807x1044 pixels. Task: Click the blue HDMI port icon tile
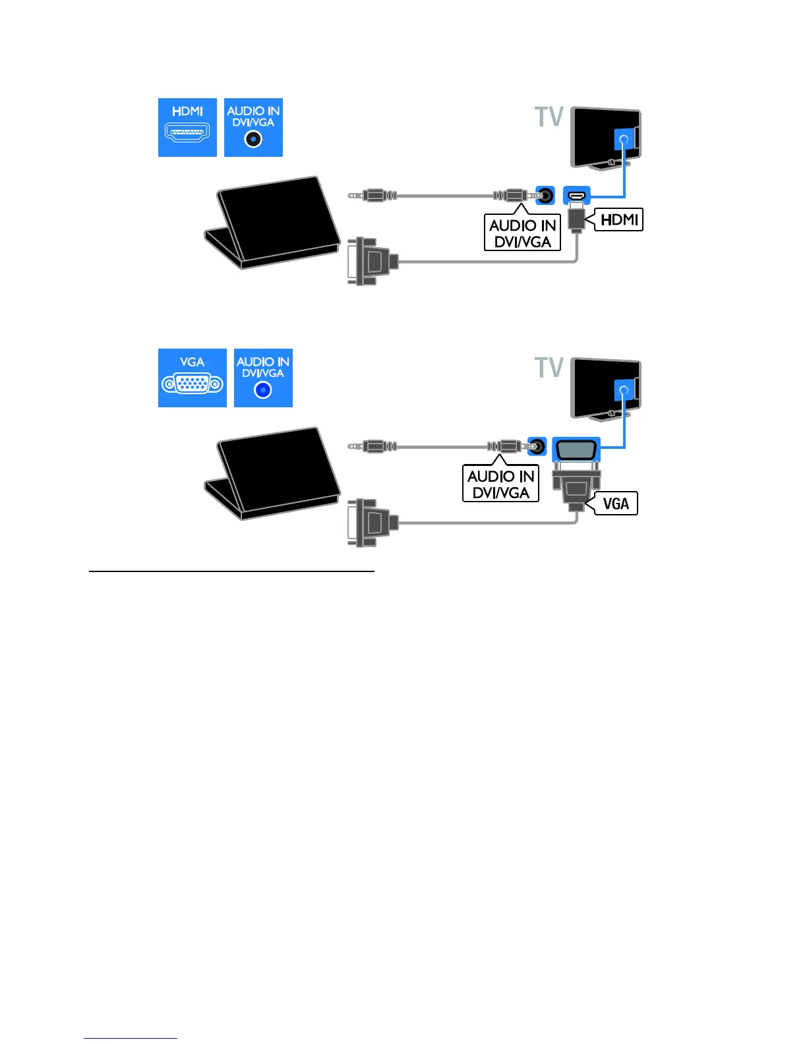click(x=187, y=127)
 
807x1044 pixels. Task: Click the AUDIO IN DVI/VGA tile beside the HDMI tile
click(x=253, y=127)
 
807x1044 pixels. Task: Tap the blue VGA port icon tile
click(x=192, y=378)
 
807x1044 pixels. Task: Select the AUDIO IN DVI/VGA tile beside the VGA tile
click(x=263, y=378)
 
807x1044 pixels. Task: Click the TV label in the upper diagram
click(x=549, y=117)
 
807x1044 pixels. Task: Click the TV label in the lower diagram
click(x=549, y=368)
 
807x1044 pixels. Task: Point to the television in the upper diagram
click(x=605, y=137)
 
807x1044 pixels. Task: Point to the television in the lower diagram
click(x=605, y=388)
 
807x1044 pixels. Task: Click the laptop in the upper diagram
click(x=272, y=222)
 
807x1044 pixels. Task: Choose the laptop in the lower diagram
click(x=272, y=473)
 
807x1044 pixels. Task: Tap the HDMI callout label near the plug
click(x=619, y=219)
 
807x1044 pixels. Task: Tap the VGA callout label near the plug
click(x=616, y=504)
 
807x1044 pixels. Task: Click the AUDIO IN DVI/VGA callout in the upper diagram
click(x=522, y=233)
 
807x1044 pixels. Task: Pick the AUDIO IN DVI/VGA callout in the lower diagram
click(x=500, y=484)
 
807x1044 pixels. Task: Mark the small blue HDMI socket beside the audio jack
click(x=577, y=195)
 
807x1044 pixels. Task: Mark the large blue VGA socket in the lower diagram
click(x=576, y=449)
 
